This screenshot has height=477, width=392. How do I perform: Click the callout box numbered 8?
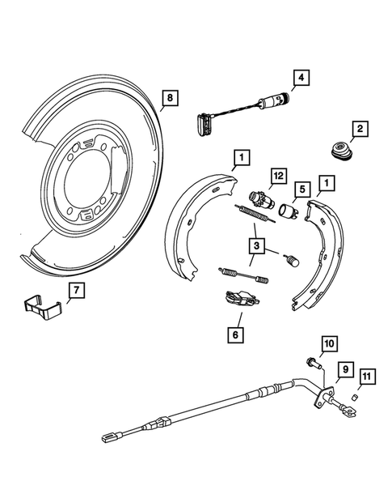point(168,100)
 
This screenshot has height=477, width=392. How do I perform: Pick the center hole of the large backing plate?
point(86,184)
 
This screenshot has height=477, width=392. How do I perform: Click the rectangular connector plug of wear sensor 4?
point(200,122)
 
